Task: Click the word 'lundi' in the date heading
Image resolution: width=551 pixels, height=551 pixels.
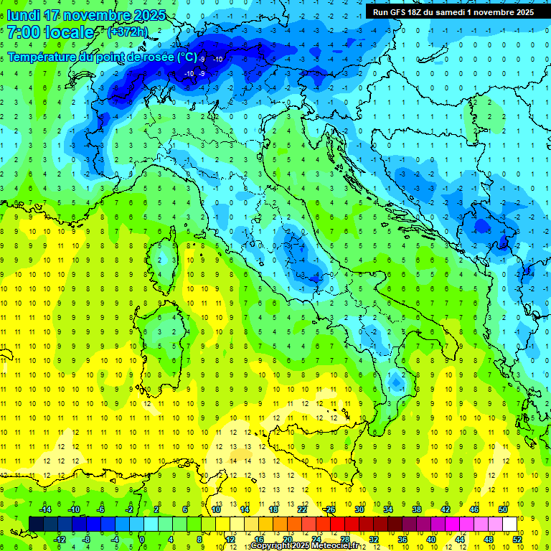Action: pyautogui.click(x=23, y=15)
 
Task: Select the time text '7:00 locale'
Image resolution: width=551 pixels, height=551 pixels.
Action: pyautogui.click(x=50, y=32)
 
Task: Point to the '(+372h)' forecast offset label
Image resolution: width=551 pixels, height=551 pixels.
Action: pyautogui.click(x=128, y=32)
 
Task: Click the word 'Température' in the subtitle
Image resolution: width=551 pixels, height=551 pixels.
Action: pyautogui.click(x=42, y=57)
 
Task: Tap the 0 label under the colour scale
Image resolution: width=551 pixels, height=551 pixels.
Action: pyautogui.click(x=142, y=539)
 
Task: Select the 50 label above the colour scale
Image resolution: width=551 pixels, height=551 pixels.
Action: pyautogui.click(x=503, y=509)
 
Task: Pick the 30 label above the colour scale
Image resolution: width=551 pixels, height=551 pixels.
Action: pyautogui.click(x=359, y=509)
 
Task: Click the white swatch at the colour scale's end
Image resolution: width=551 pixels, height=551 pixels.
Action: pyautogui.click(x=509, y=524)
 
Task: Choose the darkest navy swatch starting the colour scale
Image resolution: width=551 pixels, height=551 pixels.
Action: pyautogui.click(x=36, y=524)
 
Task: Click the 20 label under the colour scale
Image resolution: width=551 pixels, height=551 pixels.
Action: pyautogui.click(x=287, y=539)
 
